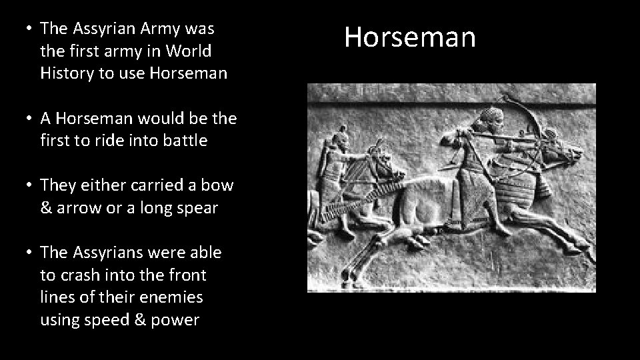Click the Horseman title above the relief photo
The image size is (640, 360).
point(410,37)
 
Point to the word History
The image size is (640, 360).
point(67,73)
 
